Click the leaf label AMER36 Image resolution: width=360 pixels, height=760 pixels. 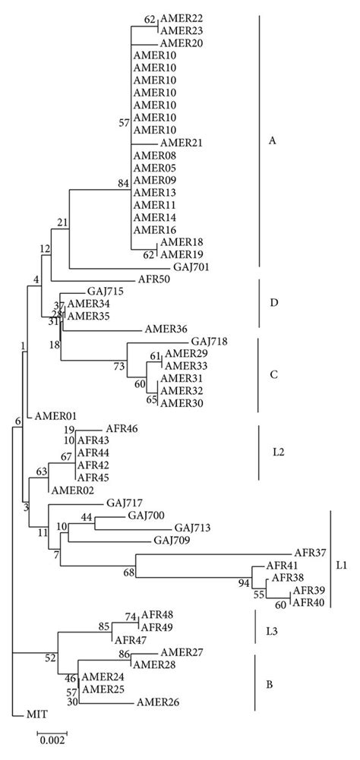[x=166, y=330]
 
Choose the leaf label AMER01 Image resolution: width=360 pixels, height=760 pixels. [x=52, y=416]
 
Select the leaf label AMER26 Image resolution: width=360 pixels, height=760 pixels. [x=158, y=702]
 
